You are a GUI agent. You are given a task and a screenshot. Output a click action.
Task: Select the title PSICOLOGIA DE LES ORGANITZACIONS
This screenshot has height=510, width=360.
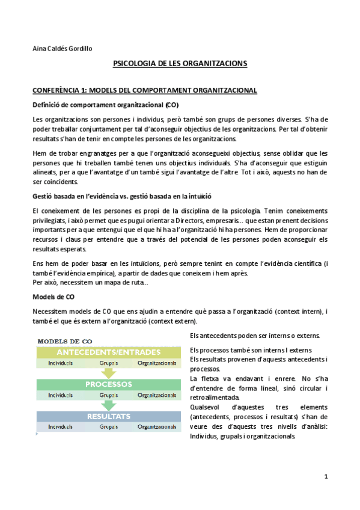tap(180, 63)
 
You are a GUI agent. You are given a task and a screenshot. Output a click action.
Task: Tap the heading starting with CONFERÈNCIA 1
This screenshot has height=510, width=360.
tap(144, 90)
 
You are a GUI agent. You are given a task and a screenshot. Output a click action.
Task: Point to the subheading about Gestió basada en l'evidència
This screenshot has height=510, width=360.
tap(121, 197)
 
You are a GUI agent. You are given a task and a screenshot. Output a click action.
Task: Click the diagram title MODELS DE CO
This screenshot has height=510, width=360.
tap(65, 341)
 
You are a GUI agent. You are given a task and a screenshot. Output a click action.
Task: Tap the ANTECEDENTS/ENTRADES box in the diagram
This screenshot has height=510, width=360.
tap(109, 352)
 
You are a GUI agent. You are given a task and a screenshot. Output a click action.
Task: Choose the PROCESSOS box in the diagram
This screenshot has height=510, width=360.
tap(109, 384)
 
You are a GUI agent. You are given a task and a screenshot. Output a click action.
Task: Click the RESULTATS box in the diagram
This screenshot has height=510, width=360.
tap(109, 416)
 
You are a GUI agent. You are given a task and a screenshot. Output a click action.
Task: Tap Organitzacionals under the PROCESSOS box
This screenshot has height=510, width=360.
tap(157, 395)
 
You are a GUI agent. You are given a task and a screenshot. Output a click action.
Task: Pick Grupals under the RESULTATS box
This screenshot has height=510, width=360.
tap(109, 427)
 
